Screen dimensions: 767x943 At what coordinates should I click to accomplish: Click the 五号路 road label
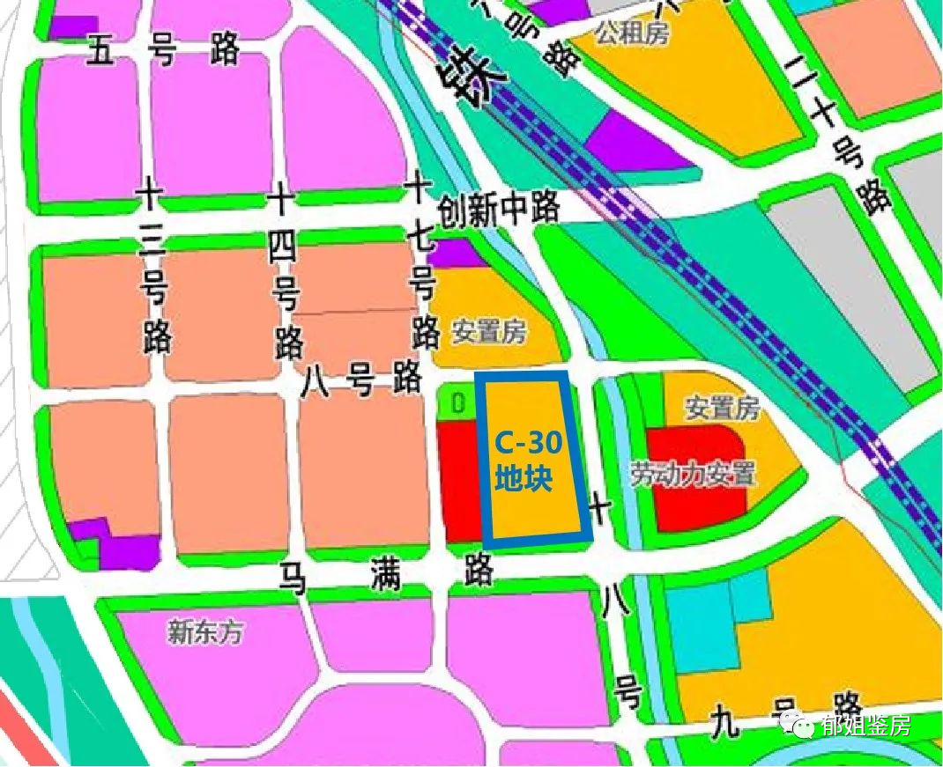[x=164, y=52]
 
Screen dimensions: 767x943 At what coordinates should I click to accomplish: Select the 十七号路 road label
[x=422, y=264]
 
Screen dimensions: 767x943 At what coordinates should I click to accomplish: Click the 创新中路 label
[x=500, y=210]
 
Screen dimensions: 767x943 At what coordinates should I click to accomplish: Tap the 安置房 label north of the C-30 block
[x=489, y=332]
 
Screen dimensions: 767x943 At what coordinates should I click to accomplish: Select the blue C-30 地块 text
[x=523, y=458]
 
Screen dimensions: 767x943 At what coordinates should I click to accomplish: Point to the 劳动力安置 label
[x=693, y=474]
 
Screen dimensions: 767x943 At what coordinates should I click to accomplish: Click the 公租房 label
[x=632, y=34]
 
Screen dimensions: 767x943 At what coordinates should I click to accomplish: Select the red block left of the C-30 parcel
[x=459, y=480]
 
